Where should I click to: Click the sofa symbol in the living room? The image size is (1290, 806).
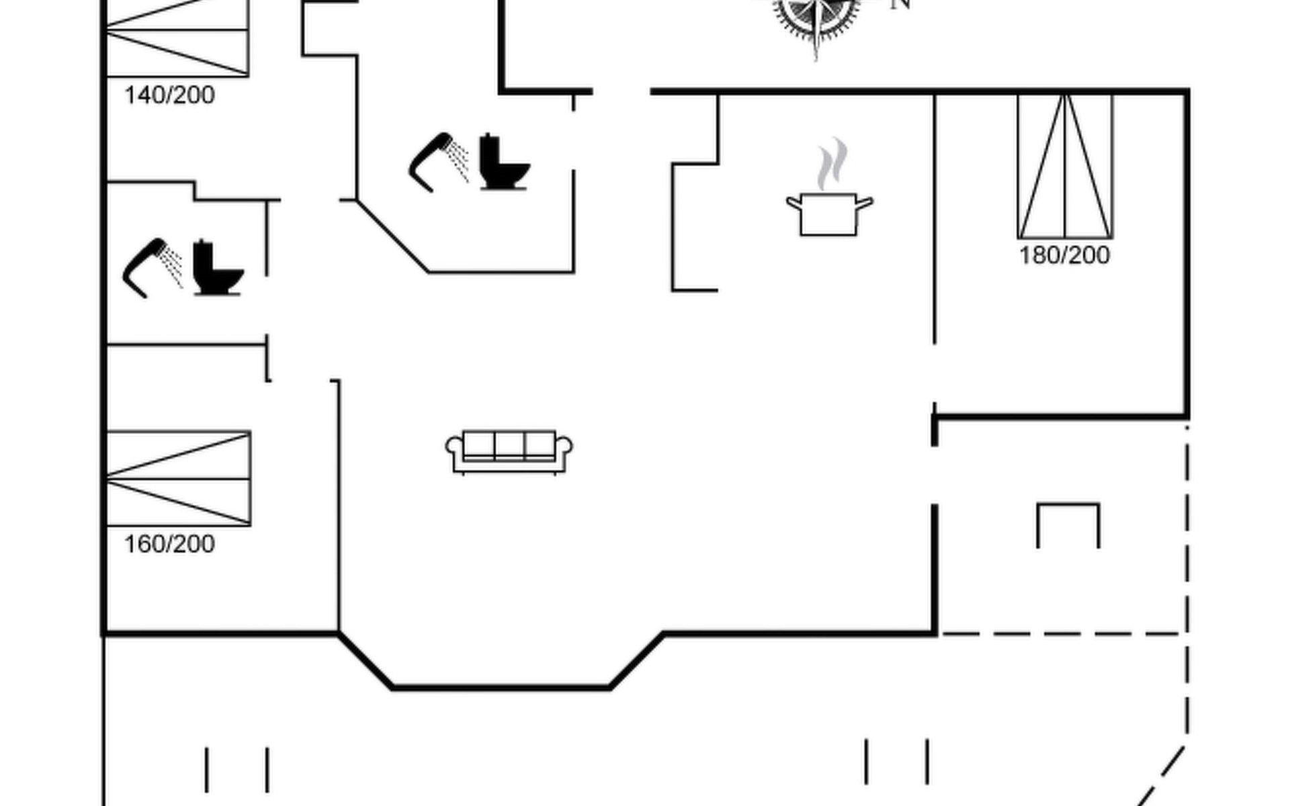[x=509, y=452]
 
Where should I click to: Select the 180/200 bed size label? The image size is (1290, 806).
[x=1064, y=256]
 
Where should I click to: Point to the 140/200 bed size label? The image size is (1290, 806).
[x=169, y=95]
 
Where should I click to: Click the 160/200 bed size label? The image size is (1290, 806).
[x=169, y=544]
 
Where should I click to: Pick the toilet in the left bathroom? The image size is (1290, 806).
[x=216, y=269]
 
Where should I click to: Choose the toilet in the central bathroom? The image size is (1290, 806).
[x=503, y=163]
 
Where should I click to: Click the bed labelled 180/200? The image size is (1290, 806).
[x=1065, y=167]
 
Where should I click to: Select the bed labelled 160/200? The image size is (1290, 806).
[x=178, y=478]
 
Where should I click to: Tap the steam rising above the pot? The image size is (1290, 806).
[x=832, y=165]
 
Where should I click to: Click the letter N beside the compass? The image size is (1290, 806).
[x=900, y=4]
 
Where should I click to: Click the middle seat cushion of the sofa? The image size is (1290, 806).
[x=509, y=445]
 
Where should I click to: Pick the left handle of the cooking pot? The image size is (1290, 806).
[x=793, y=201]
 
